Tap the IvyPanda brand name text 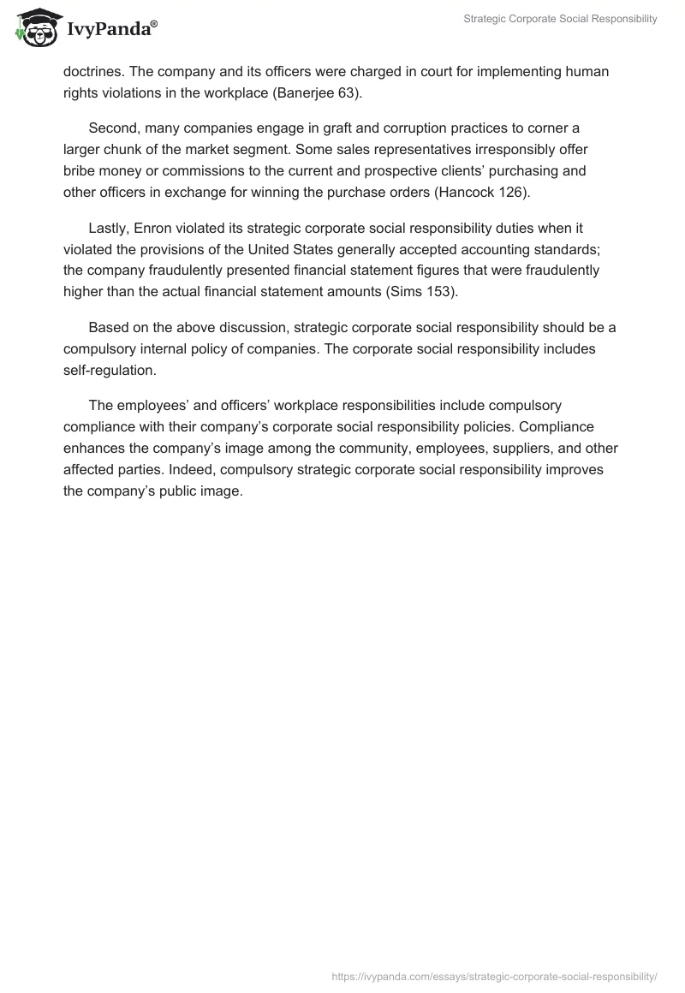pyautogui.click(x=111, y=29)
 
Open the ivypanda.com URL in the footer pyautogui.click(x=495, y=975)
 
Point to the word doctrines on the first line pyautogui.click(x=95, y=71)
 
